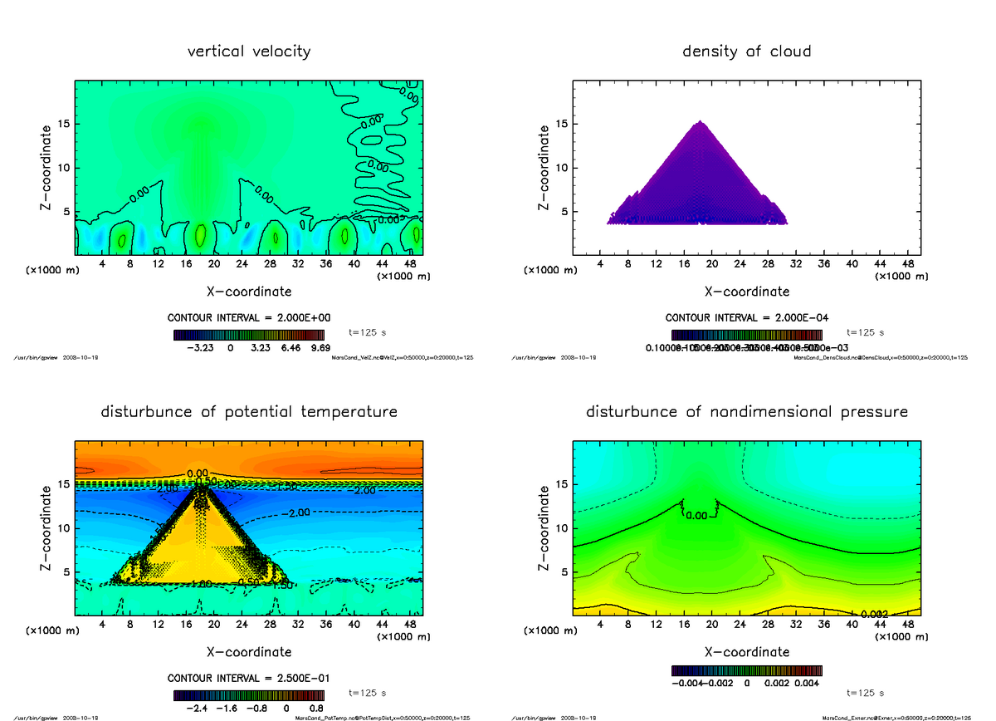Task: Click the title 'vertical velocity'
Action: [x=249, y=51]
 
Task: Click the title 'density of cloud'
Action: [x=746, y=51]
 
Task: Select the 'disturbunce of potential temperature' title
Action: [x=249, y=412]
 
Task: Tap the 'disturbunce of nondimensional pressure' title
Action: [x=746, y=412]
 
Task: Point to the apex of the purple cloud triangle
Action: [x=700, y=122]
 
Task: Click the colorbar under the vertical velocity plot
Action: [x=249, y=335]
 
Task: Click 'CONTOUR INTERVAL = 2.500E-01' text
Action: [x=249, y=678]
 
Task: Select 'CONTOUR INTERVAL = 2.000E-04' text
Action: [x=746, y=318]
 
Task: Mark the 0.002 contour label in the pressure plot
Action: [x=872, y=614]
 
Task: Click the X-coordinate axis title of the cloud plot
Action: [x=746, y=292]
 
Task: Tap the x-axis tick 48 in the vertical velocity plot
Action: [x=409, y=265]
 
